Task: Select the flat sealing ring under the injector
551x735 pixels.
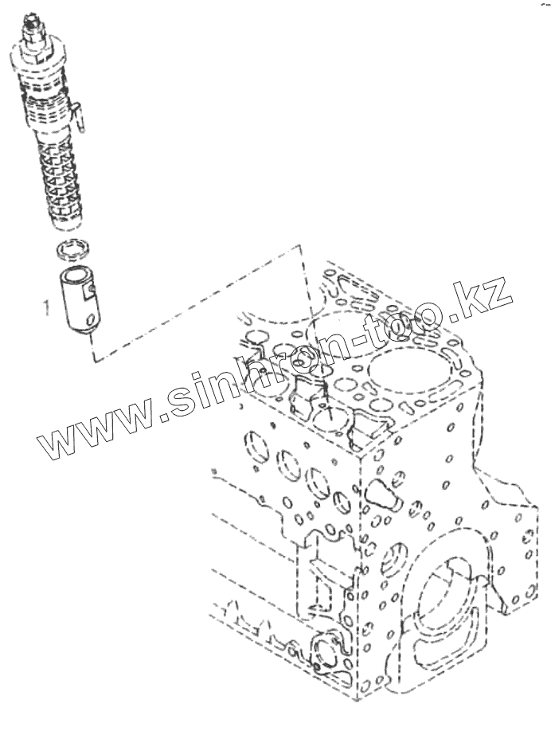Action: point(72,250)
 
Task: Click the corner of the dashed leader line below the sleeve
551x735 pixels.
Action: point(94,358)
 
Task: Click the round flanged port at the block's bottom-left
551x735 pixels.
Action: point(327,649)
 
